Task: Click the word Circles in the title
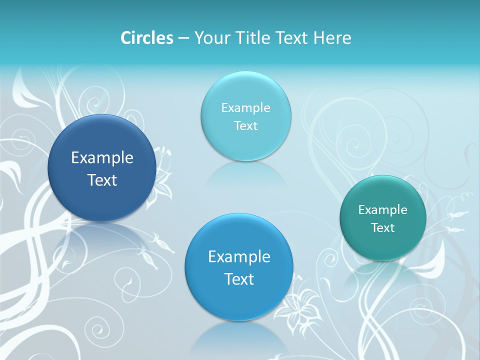pyautogui.click(x=147, y=38)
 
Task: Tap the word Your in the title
pyautogui.click(x=211, y=38)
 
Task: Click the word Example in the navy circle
pyautogui.click(x=102, y=158)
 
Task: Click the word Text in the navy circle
pyautogui.click(x=102, y=180)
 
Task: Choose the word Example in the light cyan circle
pyautogui.click(x=245, y=108)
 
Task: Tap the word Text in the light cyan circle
pyautogui.click(x=245, y=125)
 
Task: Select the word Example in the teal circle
pyautogui.click(x=383, y=210)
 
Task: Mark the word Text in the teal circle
pyautogui.click(x=383, y=228)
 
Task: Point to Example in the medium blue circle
pyautogui.click(x=239, y=257)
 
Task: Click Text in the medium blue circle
pyautogui.click(x=239, y=279)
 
